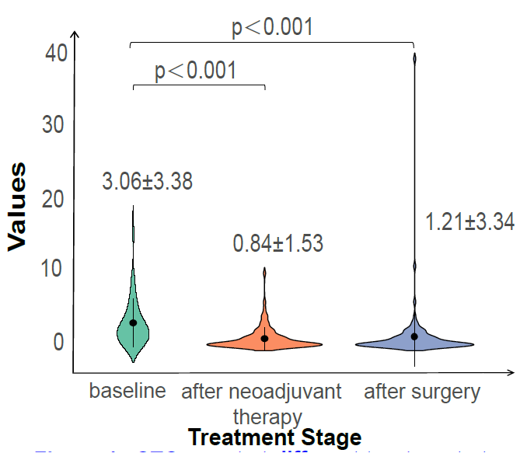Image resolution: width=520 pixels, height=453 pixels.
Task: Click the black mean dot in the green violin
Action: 133,322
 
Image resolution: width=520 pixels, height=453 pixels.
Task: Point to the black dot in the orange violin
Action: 264,338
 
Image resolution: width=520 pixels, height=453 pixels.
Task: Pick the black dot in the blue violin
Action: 414,336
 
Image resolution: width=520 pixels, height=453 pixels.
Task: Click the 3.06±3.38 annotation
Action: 147,182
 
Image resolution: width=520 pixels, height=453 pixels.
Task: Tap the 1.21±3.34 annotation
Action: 469,222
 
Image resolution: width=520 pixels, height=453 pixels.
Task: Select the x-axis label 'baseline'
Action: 127,391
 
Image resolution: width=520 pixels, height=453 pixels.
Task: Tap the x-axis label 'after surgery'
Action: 422,391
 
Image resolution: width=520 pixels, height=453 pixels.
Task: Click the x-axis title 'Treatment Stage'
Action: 274,437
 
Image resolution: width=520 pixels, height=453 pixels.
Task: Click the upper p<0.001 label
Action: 272,28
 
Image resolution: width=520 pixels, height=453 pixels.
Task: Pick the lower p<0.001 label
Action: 195,71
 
